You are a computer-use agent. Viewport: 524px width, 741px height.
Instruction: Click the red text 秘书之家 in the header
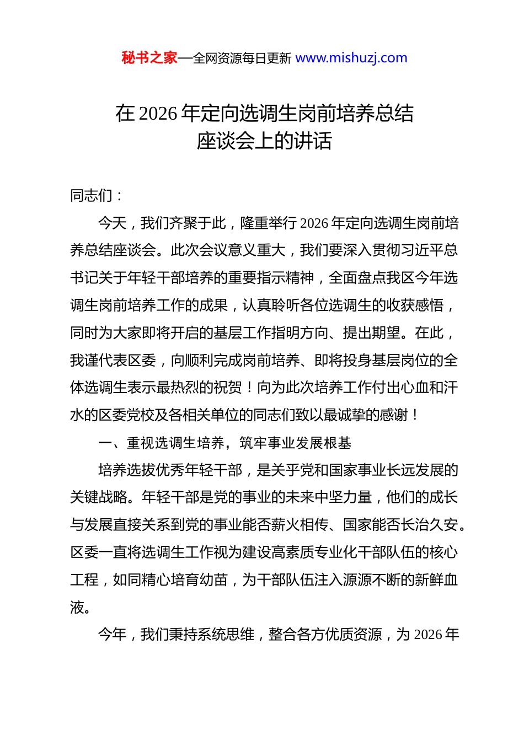(x=149, y=58)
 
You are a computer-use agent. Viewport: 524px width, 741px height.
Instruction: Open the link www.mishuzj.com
(x=351, y=58)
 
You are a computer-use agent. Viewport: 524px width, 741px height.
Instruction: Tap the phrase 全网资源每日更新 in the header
(x=242, y=58)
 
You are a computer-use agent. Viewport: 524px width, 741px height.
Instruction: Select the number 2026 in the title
(x=158, y=114)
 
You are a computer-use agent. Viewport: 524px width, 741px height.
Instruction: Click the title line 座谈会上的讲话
(x=264, y=141)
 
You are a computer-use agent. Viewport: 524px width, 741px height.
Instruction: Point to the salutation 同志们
(x=91, y=195)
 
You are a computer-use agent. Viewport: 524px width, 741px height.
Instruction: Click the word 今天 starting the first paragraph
(x=113, y=223)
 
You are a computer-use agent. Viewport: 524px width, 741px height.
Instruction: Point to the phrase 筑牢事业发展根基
(x=295, y=443)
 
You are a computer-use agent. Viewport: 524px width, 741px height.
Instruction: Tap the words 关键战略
(x=99, y=497)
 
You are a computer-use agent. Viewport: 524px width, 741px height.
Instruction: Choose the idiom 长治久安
(x=430, y=525)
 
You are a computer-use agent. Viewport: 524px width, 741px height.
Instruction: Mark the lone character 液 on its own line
(x=77, y=607)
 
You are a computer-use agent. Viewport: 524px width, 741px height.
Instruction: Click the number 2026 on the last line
(x=429, y=635)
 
